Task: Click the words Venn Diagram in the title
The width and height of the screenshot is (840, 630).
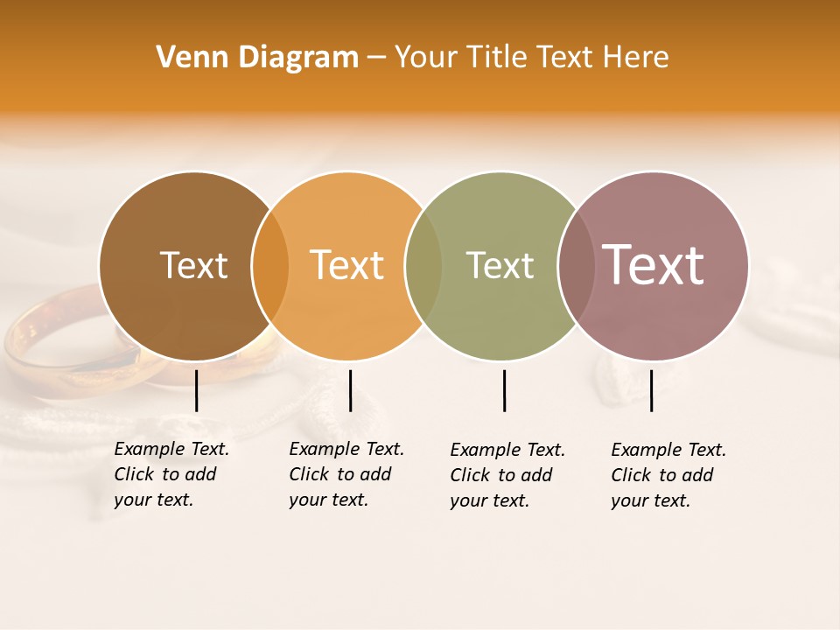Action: click(257, 58)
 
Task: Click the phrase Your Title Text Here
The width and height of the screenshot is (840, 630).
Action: click(531, 58)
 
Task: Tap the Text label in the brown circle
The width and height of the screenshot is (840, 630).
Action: click(193, 265)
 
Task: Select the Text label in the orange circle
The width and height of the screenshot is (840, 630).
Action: click(347, 265)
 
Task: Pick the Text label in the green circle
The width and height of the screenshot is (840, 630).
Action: click(500, 265)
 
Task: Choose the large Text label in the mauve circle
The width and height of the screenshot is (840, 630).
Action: click(654, 265)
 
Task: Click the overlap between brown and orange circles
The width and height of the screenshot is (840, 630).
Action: click(270, 266)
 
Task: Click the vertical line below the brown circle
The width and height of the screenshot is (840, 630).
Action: click(197, 390)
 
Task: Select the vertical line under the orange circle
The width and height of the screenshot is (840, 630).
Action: click(350, 390)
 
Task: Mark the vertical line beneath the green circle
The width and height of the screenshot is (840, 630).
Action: click(504, 390)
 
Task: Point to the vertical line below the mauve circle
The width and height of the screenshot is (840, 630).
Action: click(652, 390)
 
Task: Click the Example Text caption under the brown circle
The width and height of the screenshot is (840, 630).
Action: click(171, 474)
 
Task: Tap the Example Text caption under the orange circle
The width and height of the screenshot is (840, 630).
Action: click(346, 474)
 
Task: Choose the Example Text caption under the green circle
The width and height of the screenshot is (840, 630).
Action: click(507, 475)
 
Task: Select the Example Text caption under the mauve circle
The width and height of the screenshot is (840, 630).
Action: click(668, 475)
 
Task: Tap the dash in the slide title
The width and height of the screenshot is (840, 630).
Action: click(376, 59)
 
